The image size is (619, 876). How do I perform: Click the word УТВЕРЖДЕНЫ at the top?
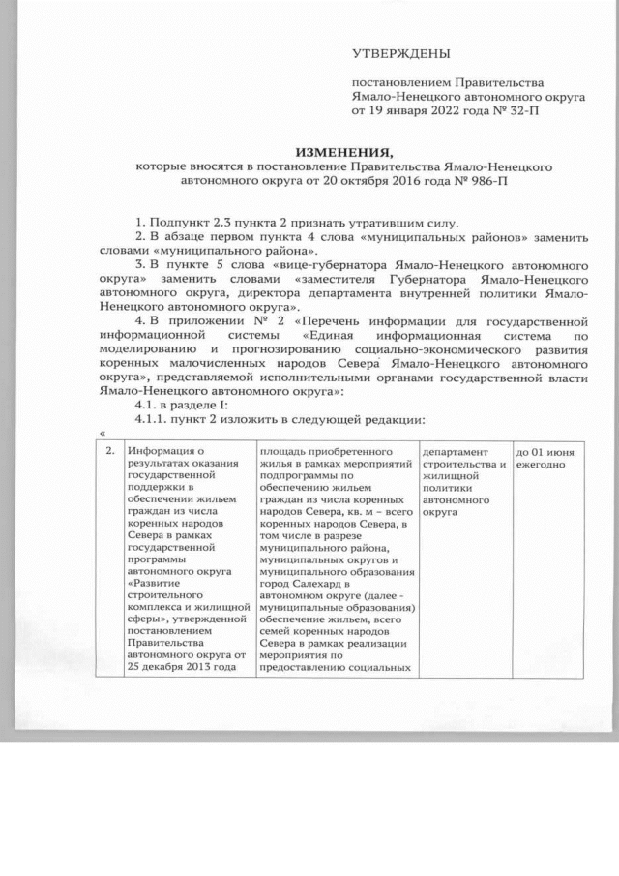point(399,50)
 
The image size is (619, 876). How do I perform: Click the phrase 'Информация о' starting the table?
point(167,451)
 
